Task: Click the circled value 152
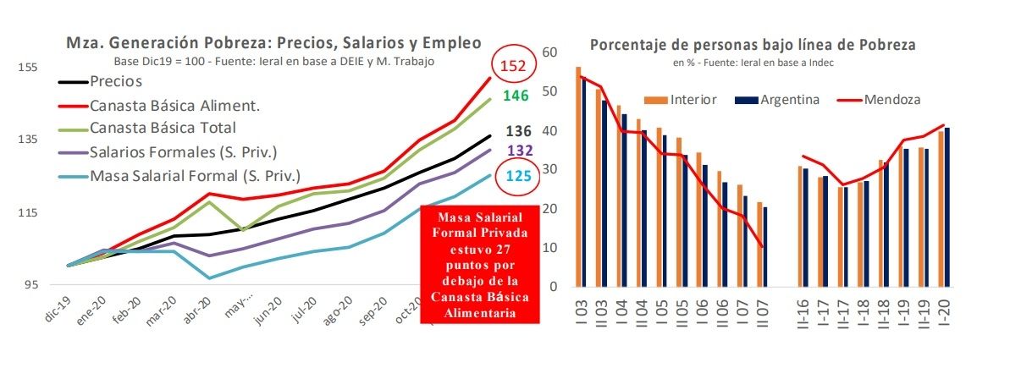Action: click(x=516, y=65)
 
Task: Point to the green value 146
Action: click(x=516, y=96)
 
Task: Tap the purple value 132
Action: click(x=518, y=150)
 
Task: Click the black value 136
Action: click(x=518, y=131)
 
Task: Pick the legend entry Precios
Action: click(x=115, y=82)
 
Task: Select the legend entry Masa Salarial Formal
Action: click(x=195, y=176)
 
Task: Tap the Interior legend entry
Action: click(x=693, y=99)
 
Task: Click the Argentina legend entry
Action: click(x=789, y=99)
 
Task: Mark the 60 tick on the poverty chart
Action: click(x=550, y=52)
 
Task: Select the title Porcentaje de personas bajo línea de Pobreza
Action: click(x=753, y=45)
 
